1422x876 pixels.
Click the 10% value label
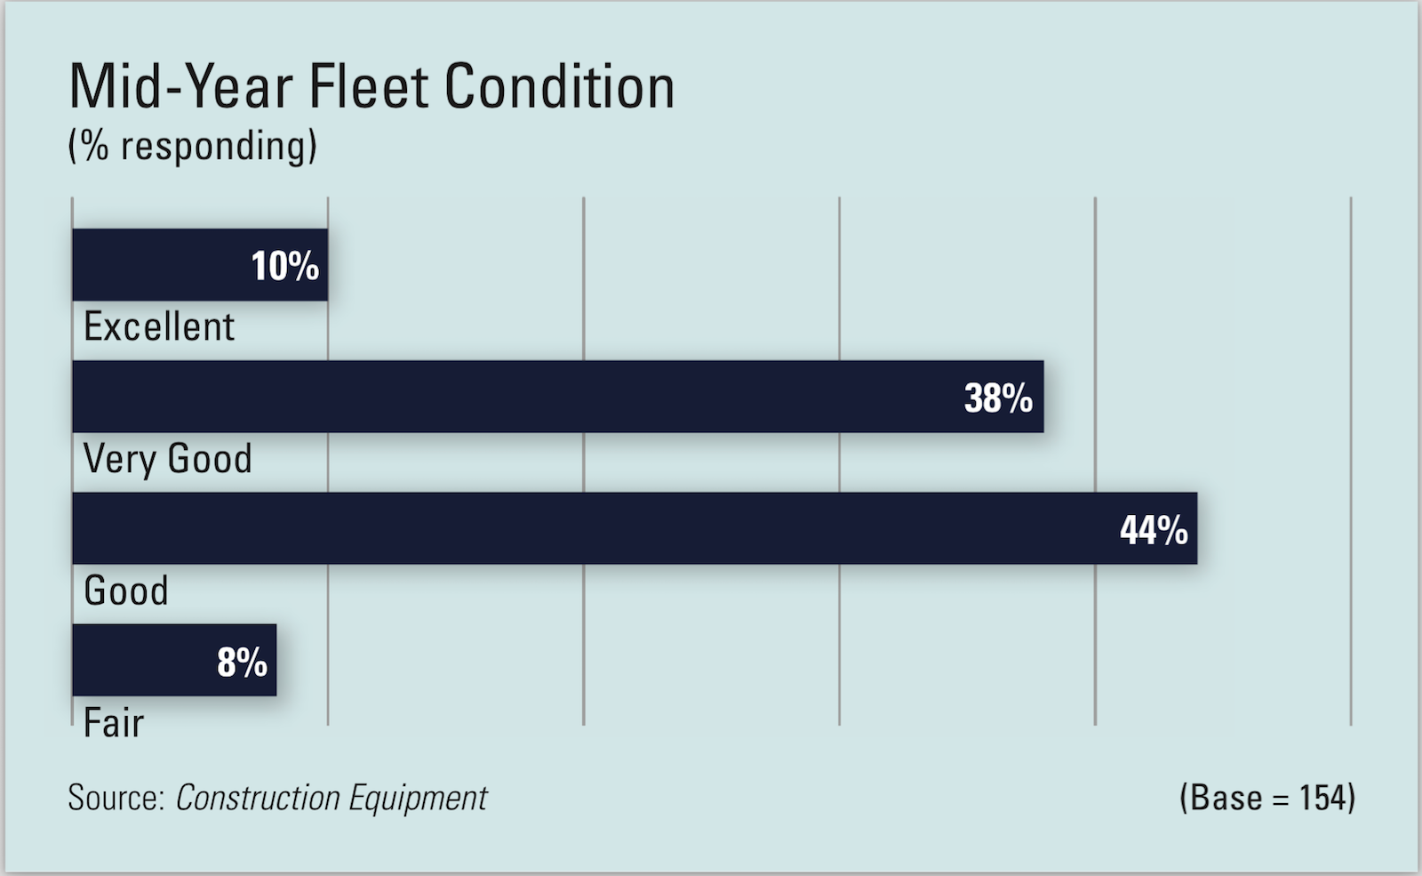click(284, 266)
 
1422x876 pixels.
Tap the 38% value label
click(998, 398)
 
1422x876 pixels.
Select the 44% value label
click(1153, 530)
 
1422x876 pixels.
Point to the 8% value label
click(242, 663)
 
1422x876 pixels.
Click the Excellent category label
click(159, 327)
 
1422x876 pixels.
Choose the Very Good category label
click(168, 459)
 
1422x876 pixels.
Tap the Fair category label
click(113, 723)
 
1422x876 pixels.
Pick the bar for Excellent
click(160, 265)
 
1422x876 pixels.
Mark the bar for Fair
click(142, 660)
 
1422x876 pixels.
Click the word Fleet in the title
click(368, 87)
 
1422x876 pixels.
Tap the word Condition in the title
click(559, 87)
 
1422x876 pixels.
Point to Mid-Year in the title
click(180, 87)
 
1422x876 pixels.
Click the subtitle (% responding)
click(192, 146)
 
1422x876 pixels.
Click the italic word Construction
click(258, 798)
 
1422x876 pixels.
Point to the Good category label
click(125, 591)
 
